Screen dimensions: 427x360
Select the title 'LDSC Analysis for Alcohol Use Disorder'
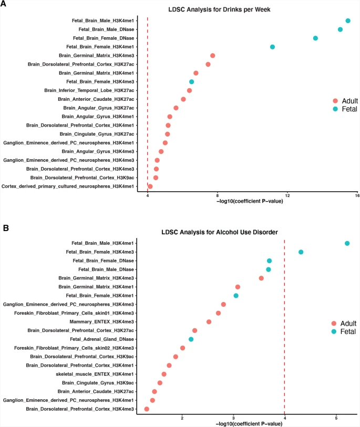pyautogui.click(x=241, y=232)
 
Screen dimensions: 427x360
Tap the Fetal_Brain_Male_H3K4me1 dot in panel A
pyautogui.click(x=348, y=20)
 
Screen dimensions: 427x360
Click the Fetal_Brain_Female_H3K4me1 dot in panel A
pyautogui.click(x=272, y=47)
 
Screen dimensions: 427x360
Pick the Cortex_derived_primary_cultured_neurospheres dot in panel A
pyautogui.click(x=150, y=186)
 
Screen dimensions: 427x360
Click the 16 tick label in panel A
pyautogui.click(x=357, y=195)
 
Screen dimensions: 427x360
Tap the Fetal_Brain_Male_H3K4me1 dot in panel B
pyautogui.click(x=347, y=244)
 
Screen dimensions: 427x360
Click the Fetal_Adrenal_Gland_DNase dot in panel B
pyautogui.click(x=191, y=339)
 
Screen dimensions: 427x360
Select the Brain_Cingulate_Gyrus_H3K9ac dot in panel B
pyautogui.click(x=160, y=383)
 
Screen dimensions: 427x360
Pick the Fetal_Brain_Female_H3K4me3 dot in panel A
pyautogui.click(x=192, y=82)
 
